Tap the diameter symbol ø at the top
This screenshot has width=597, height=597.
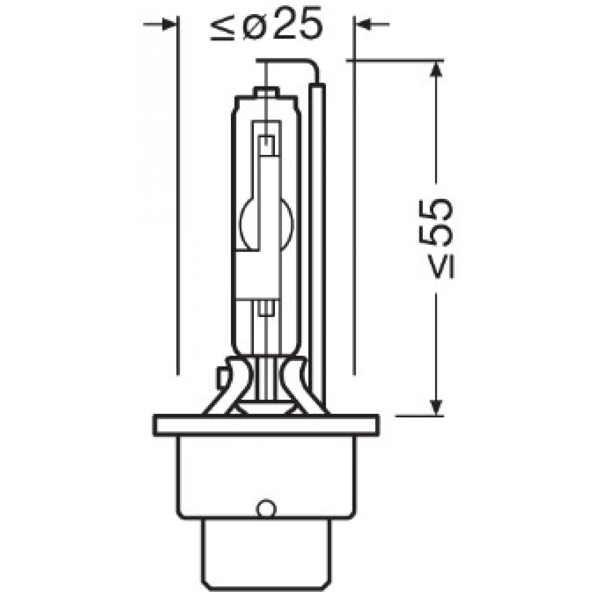tap(255, 27)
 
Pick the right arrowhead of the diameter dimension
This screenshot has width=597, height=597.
tap(364, 25)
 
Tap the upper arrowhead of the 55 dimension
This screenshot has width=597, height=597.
tap(436, 69)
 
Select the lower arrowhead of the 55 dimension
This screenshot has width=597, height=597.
tap(436, 406)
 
